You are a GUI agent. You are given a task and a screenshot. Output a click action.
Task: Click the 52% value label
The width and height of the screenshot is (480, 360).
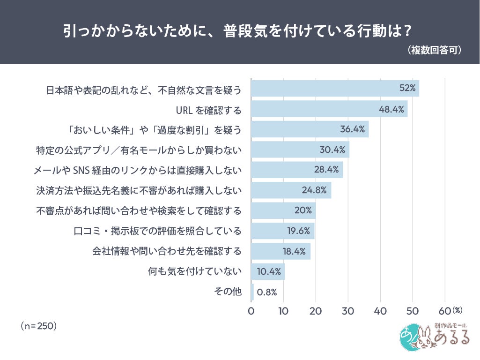coord(407,89)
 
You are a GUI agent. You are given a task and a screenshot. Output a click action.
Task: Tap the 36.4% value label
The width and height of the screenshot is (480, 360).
coord(353,129)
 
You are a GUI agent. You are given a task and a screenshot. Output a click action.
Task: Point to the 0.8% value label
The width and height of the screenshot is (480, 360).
coord(267,292)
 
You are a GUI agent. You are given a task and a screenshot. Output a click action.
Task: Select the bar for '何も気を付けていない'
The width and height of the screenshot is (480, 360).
coord(267,272)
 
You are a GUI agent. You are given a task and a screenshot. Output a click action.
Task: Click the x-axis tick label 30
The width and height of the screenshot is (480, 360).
coord(348,311)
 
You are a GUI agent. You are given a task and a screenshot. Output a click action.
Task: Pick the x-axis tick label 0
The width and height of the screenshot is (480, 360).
coord(251,311)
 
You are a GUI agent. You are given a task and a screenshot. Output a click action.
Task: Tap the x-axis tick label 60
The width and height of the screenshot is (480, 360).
coord(444,311)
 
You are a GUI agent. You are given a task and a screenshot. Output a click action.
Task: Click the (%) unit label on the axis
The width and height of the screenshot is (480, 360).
coord(458,310)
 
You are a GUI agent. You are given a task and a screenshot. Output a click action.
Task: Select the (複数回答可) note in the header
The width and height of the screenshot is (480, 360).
coord(435,50)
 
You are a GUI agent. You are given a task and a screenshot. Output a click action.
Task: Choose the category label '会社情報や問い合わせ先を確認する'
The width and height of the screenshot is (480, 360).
coord(166,251)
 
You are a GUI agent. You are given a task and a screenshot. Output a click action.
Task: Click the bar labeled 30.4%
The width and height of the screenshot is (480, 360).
coord(300,150)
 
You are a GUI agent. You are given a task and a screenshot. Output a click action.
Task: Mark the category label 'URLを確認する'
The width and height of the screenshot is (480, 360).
coord(208,111)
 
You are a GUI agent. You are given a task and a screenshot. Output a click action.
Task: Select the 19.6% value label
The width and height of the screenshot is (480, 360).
coord(299,231)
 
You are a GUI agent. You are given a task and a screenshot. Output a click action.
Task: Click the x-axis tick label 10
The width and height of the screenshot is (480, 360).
coord(283,311)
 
